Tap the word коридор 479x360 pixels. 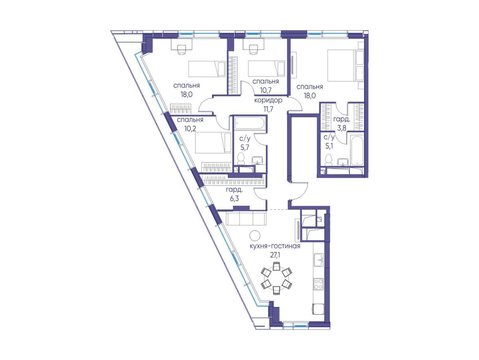[268, 100]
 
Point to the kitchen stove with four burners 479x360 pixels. [319, 284]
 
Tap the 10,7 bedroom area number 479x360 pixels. [265, 90]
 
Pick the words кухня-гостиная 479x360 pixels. [275, 246]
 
